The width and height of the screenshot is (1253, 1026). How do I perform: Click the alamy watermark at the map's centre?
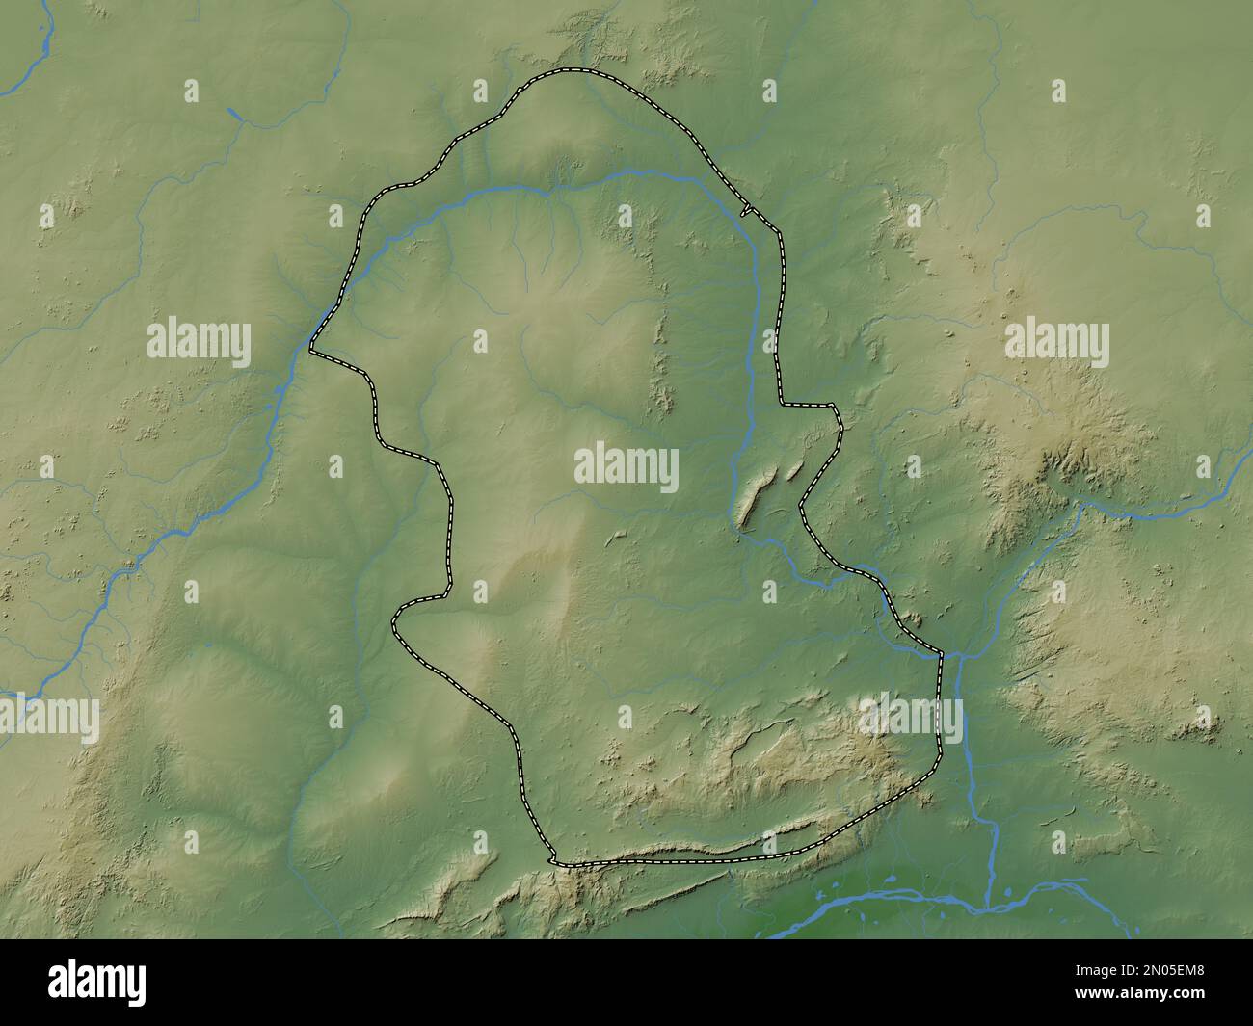pyautogui.click(x=626, y=469)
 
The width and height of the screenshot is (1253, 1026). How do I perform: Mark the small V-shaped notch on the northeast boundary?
pyautogui.click(x=745, y=209)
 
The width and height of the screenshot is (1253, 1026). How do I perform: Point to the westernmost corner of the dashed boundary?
pyautogui.click(x=311, y=352)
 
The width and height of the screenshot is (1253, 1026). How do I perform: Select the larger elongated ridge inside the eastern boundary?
pyautogui.click(x=757, y=496)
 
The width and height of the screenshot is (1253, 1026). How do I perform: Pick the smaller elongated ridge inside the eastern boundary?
pyautogui.click(x=796, y=469)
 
